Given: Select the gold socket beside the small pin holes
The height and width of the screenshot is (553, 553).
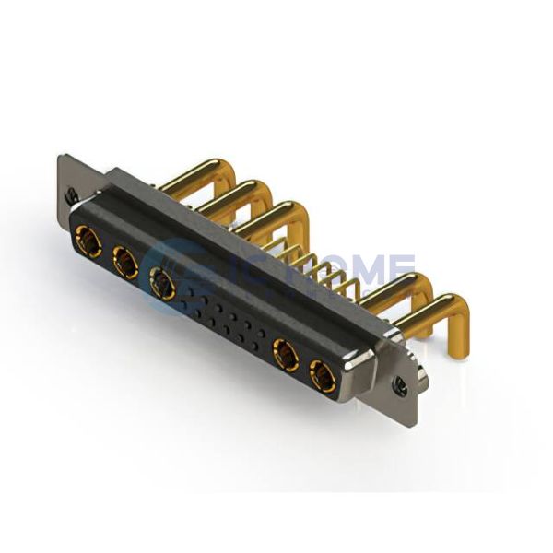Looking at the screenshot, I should tap(163, 285).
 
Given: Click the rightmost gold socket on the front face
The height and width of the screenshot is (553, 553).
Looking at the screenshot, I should tap(323, 375).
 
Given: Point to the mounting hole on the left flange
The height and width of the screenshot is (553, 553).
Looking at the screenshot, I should tap(71, 194).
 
